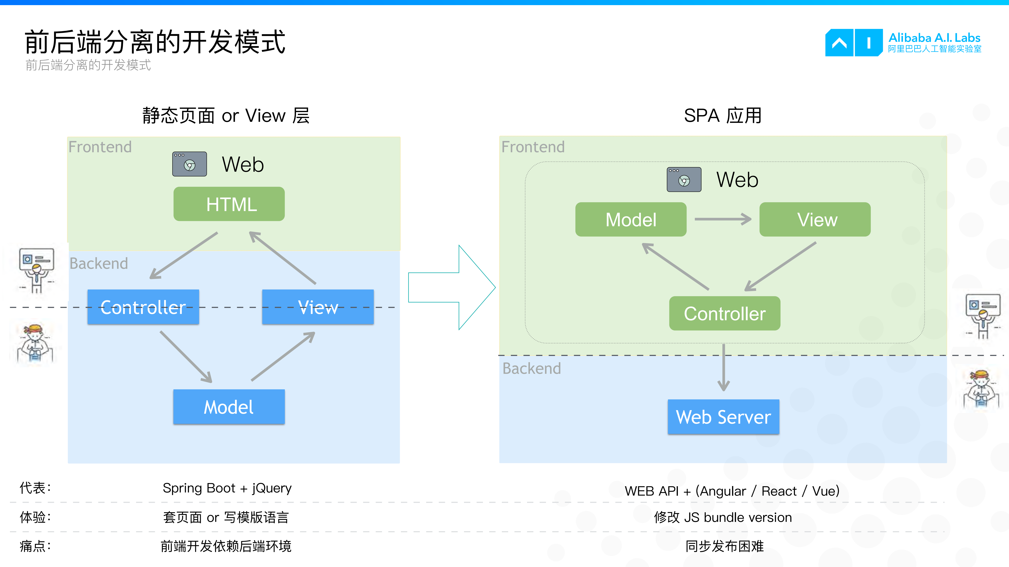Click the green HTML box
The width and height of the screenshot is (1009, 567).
click(x=229, y=204)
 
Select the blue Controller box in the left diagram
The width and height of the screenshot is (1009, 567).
click(x=143, y=307)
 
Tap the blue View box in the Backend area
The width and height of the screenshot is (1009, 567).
click(x=318, y=307)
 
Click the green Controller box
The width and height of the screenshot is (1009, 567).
click(x=725, y=313)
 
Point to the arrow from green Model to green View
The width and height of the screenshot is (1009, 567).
click(x=723, y=219)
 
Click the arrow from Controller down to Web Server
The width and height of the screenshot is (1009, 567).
click(x=723, y=368)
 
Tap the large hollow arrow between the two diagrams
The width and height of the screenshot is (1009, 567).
click(x=450, y=288)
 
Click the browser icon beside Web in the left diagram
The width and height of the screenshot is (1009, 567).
click(x=190, y=164)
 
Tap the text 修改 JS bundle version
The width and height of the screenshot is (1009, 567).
click(x=723, y=517)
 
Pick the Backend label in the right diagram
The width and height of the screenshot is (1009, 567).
click(x=532, y=368)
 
